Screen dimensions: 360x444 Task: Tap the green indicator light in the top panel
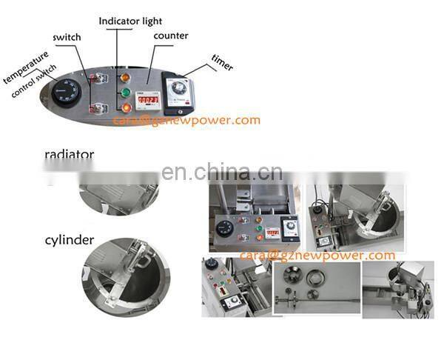tap(125, 93)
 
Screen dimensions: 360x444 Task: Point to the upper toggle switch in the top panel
tap(95, 77)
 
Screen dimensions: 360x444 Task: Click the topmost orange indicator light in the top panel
tap(124, 76)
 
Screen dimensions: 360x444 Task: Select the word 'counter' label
tap(170, 35)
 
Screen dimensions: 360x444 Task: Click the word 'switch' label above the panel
tap(67, 36)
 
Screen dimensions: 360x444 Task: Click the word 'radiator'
tap(69, 155)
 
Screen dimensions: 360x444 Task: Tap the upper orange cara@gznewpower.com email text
tap(186, 120)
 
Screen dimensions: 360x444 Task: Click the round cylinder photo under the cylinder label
tap(126, 271)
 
